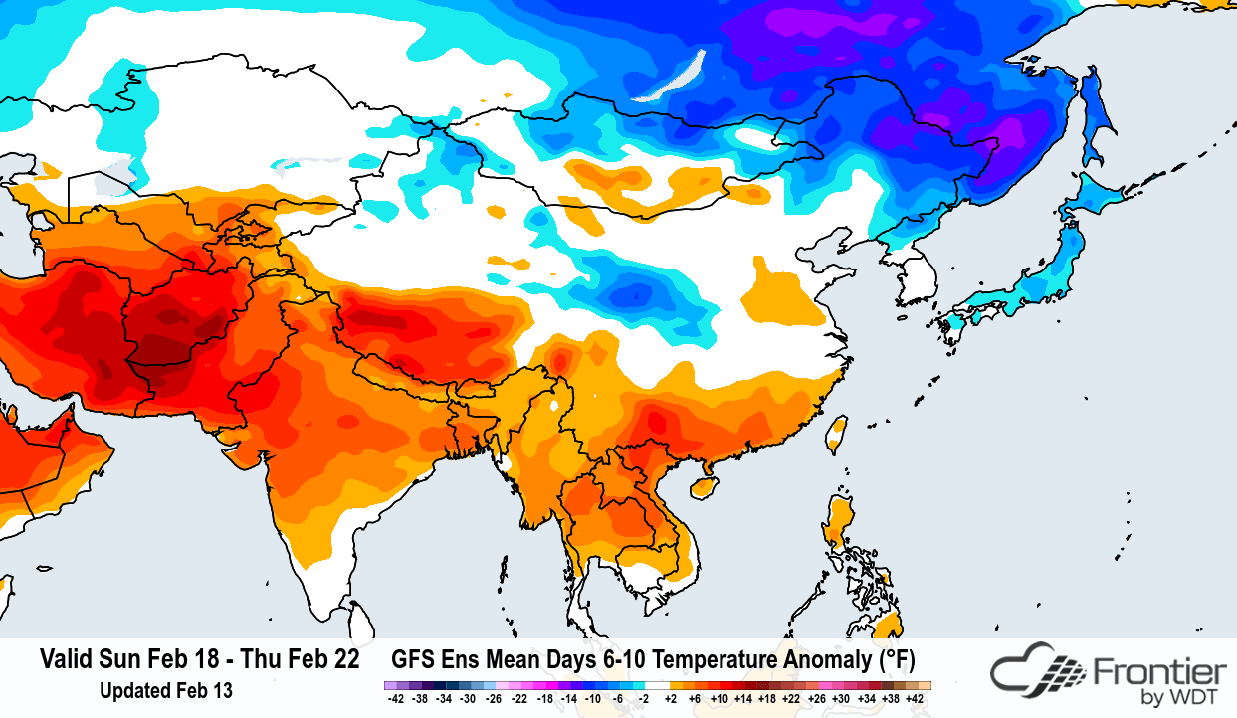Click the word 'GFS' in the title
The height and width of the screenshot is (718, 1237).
pos(413,660)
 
